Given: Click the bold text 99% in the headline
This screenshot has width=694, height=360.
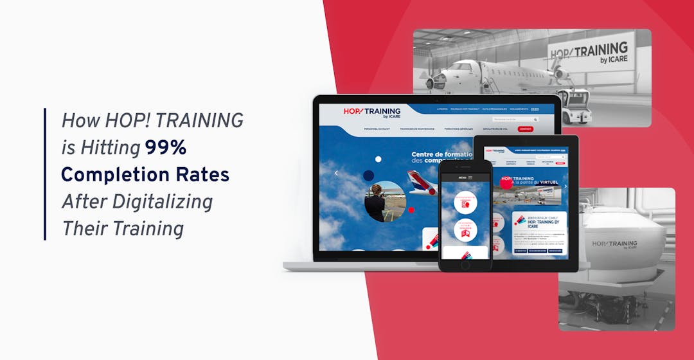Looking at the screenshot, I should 165,148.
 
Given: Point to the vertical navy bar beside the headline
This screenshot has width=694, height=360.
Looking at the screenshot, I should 45,174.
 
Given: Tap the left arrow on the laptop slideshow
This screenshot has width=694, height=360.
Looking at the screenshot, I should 335,173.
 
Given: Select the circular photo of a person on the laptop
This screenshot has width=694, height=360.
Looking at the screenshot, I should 384,201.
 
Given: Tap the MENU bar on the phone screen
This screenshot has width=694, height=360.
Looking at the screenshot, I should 465,177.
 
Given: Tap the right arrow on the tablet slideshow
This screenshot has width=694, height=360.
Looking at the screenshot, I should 565,186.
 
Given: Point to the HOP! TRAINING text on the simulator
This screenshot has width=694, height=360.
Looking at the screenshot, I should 614,244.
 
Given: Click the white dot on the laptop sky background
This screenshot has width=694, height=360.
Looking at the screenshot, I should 378,159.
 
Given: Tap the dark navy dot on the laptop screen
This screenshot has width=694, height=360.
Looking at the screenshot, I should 368,175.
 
